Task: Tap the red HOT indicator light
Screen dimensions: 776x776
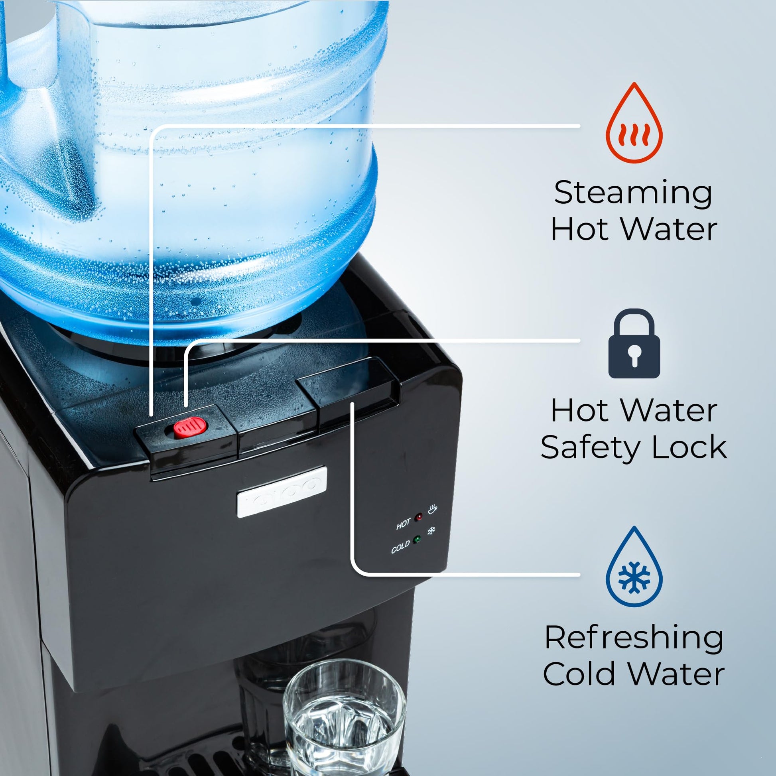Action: coord(419,517)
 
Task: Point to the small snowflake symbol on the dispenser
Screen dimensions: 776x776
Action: coord(431,531)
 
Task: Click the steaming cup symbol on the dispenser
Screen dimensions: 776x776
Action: coord(432,509)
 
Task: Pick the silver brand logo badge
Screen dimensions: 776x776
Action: coord(282,492)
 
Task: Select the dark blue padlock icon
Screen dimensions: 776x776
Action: coord(634,343)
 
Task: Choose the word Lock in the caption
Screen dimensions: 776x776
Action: coord(689,447)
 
